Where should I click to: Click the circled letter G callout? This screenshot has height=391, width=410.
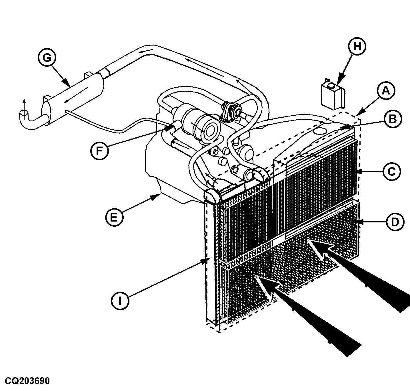(x=47, y=58)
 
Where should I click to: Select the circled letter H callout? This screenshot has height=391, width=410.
(x=357, y=47)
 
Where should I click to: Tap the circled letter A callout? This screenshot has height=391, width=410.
(x=386, y=91)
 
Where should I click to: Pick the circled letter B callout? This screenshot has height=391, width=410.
(x=393, y=119)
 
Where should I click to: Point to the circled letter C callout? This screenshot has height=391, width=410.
(x=392, y=172)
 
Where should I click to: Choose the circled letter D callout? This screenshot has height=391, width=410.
(x=395, y=222)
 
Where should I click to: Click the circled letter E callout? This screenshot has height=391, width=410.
(x=114, y=217)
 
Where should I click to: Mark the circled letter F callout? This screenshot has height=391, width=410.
(x=99, y=151)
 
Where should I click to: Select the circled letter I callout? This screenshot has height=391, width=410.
(x=120, y=301)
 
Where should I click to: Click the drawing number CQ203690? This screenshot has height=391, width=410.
(x=27, y=381)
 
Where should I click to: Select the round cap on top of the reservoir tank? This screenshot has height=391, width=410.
(x=330, y=85)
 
